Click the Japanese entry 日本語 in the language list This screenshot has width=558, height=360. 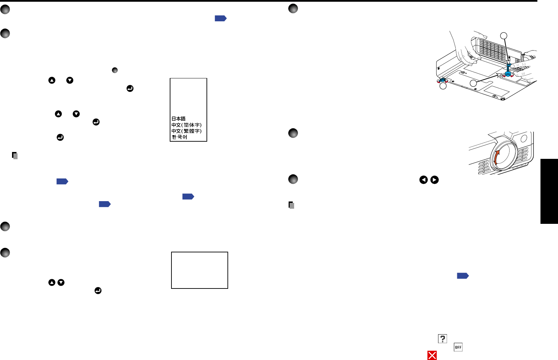[x=179, y=119]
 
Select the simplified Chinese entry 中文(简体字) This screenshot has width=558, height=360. [x=187, y=125]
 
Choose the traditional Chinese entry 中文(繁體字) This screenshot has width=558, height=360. [x=187, y=131]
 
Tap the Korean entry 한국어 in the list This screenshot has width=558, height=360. [x=179, y=137]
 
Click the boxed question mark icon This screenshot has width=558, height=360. [x=442, y=339]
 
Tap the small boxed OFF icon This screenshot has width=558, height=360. [x=458, y=347]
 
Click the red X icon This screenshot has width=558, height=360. [x=432, y=356]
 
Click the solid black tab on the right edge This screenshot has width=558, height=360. [x=549, y=191]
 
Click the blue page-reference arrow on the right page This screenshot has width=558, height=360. [x=462, y=276]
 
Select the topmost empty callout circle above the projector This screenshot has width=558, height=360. [x=503, y=36]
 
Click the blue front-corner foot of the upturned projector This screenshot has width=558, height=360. [x=442, y=80]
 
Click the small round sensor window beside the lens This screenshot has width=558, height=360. [x=524, y=138]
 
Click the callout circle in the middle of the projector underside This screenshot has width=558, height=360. [x=473, y=83]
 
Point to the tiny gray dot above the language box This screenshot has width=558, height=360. [x=115, y=70]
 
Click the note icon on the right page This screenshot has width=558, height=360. [x=291, y=205]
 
